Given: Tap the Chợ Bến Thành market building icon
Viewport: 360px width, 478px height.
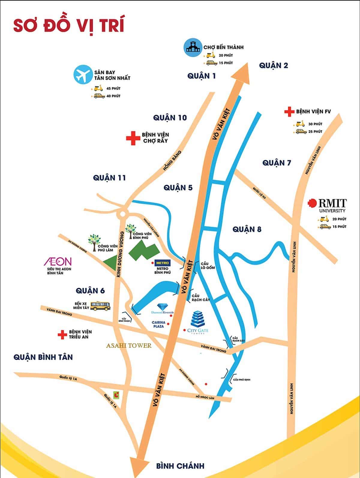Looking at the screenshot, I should (x=193, y=48).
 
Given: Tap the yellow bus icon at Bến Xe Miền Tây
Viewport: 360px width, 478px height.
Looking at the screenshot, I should (x=100, y=306).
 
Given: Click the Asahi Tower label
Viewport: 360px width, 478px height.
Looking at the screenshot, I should (x=129, y=346).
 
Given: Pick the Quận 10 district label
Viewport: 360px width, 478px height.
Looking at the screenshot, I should (x=170, y=118).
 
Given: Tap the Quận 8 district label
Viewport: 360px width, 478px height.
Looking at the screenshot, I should (x=247, y=229).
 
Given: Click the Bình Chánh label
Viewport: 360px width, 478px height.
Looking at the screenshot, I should (x=180, y=466).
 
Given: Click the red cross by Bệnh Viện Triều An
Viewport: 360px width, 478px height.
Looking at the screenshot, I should (x=62, y=335).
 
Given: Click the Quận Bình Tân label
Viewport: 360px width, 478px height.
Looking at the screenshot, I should (x=43, y=357).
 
